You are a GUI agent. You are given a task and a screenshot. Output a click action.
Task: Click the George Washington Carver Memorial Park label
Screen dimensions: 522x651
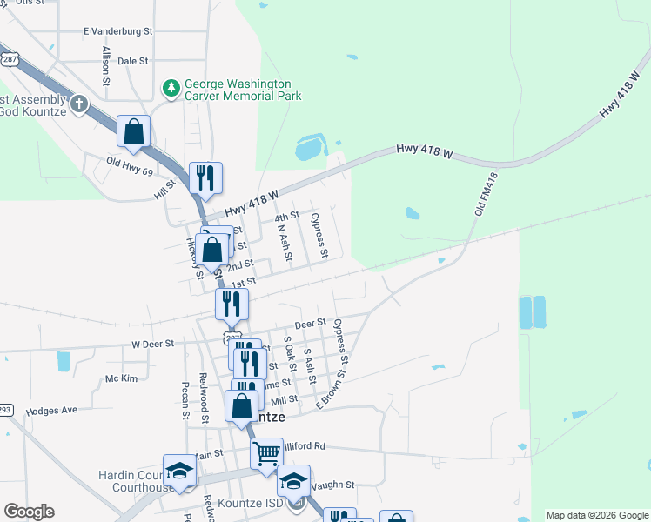coord(241,90)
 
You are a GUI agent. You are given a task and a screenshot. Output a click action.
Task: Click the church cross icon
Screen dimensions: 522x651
coord(78,104)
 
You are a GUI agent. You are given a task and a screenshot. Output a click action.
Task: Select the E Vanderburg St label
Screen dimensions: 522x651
coord(117,30)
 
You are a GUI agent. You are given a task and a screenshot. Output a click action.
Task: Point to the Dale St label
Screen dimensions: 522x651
coord(133,61)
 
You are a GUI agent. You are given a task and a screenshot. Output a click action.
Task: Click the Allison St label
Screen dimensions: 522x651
coord(105,65)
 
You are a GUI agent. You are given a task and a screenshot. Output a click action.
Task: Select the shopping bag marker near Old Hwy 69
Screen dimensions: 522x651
coord(134,132)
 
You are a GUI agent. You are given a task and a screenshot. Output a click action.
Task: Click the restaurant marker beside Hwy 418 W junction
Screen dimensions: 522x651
coord(205,177)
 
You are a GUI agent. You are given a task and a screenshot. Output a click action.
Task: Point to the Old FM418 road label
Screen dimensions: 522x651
coord(487,194)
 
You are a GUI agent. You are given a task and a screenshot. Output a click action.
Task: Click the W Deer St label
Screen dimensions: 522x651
coord(153,344)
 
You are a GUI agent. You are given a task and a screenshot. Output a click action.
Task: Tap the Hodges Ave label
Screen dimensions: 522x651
coord(52,410)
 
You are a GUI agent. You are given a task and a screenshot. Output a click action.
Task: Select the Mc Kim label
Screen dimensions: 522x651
coord(122,378)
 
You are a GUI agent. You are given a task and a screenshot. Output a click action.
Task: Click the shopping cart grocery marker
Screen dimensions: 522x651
coord(267,452)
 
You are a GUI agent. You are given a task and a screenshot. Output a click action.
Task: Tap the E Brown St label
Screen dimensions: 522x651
coord(331,389)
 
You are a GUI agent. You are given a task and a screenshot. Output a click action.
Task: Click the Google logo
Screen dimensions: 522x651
coord(29,512)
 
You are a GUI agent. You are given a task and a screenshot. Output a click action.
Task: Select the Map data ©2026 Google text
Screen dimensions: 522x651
coord(597,515)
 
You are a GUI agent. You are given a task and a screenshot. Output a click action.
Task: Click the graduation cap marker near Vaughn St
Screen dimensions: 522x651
coord(293,480)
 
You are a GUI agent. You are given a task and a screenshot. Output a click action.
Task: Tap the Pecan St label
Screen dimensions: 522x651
coord(185,400)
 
